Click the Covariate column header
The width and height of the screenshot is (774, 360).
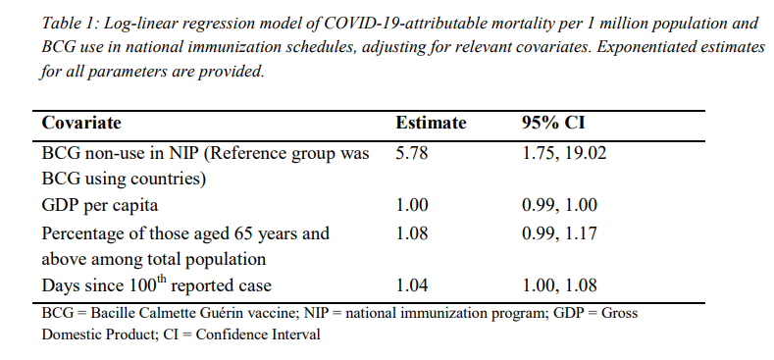click(81, 123)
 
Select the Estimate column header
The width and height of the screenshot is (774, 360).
click(431, 123)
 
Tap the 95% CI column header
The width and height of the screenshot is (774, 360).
click(553, 123)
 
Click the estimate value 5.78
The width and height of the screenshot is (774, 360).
click(412, 154)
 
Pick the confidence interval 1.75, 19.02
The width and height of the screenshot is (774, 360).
click(564, 154)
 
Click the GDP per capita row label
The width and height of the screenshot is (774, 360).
click(100, 205)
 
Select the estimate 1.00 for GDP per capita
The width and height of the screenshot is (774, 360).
click(412, 205)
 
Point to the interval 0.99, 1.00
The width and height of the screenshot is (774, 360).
click(560, 205)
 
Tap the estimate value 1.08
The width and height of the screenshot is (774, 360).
click(412, 233)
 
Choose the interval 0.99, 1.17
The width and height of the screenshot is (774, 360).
click(560, 233)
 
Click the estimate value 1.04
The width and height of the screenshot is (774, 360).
click(412, 285)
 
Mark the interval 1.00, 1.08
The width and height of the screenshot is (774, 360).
click(560, 285)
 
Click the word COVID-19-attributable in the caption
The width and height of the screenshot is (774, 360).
click(380, 24)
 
